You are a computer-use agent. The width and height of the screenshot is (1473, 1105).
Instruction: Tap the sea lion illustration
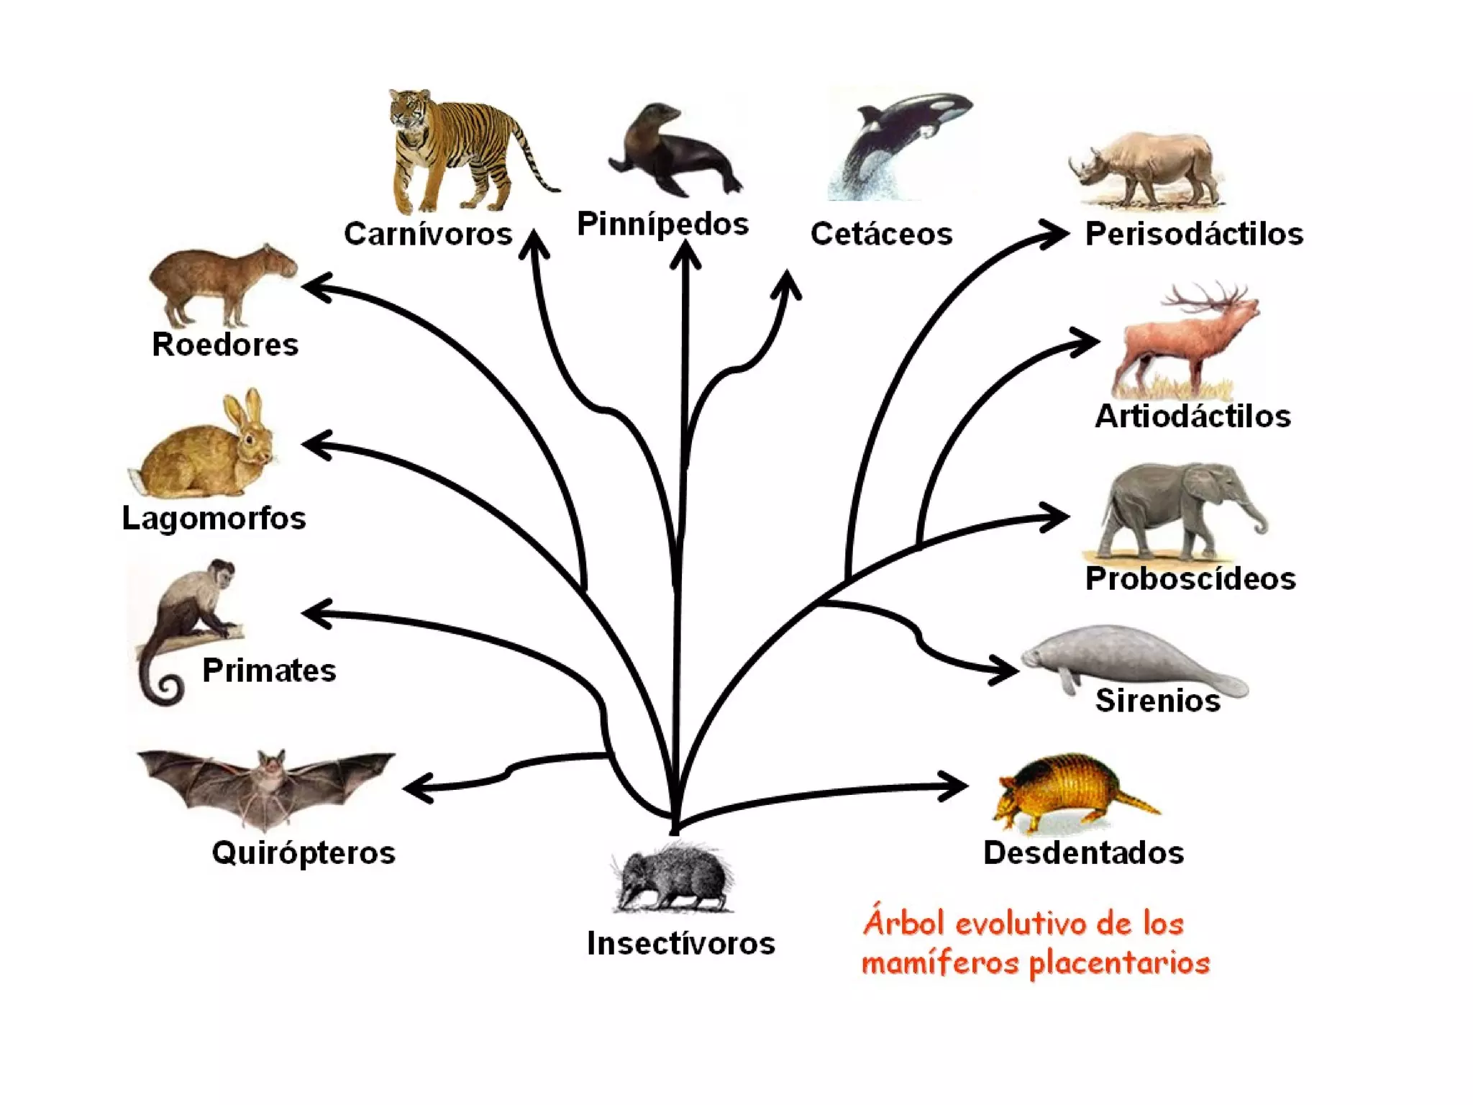coord(672,155)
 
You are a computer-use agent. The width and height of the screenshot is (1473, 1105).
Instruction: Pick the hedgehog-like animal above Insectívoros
coord(672,878)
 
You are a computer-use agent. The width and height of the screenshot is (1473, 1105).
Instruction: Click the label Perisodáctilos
coord(1194,234)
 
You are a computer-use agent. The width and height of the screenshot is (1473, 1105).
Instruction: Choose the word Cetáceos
coord(881,234)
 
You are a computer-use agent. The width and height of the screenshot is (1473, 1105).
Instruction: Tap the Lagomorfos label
coord(214,518)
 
